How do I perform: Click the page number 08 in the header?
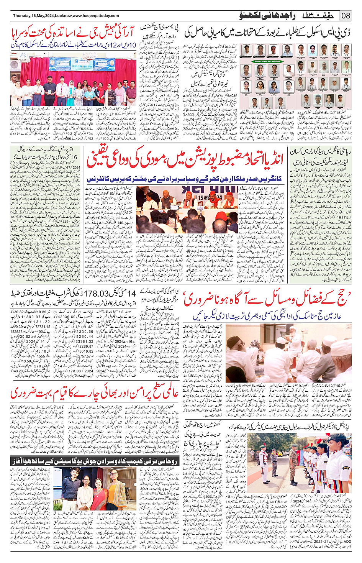pyautogui.click(x=346, y=16)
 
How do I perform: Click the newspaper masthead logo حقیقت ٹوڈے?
pyautogui.click(x=318, y=16)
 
